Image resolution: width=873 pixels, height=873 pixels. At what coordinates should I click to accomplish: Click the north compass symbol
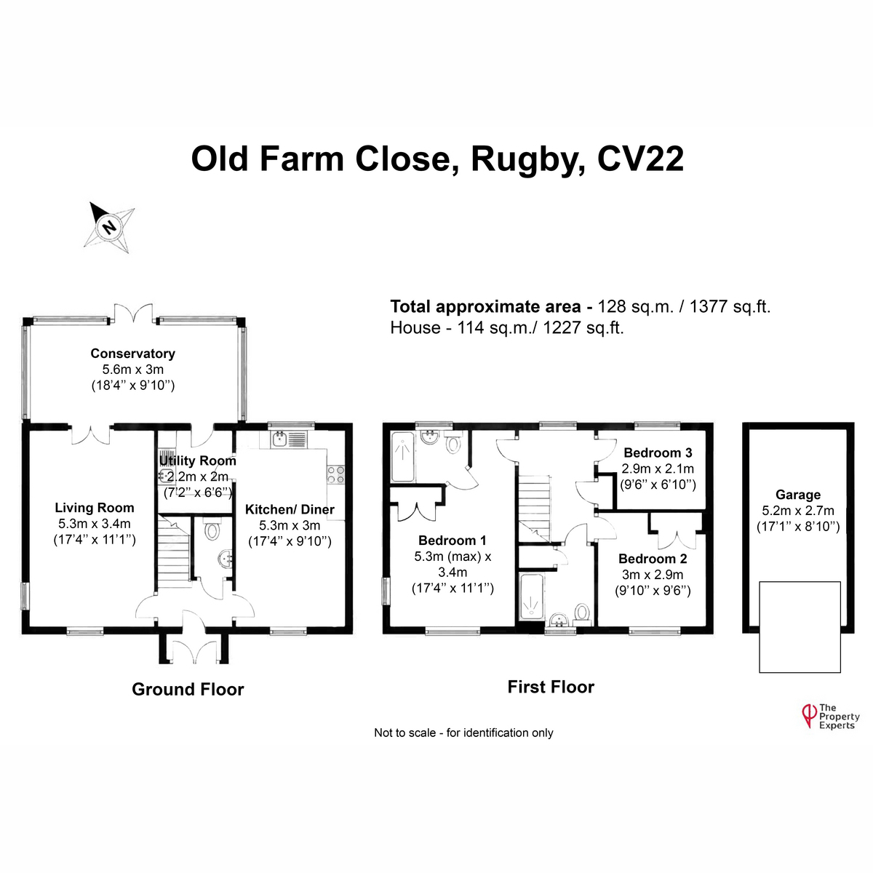tap(108, 227)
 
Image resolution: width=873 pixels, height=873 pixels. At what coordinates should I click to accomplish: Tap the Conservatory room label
tap(132, 354)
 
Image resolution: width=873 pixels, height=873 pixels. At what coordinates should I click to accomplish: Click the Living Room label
tap(95, 507)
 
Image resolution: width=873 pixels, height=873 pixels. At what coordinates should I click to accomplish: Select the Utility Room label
tap(198, 461)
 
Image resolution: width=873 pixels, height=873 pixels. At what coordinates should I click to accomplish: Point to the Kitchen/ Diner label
tap(290, 509)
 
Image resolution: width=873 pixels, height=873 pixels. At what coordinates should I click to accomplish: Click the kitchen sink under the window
tap(289, 439)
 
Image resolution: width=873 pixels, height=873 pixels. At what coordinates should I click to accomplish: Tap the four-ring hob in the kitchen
tap(335, 474)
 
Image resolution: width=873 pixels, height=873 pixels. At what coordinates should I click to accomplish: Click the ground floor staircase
tap(174, 553)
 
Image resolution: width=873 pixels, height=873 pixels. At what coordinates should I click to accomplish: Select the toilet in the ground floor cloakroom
tap(212, 531)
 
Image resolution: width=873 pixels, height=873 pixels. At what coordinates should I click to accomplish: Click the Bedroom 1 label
tap(452, 540)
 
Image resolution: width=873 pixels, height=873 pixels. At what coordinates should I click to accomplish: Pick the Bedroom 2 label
tap(653, 559)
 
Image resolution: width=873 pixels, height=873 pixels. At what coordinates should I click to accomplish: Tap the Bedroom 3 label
tap(658, 453)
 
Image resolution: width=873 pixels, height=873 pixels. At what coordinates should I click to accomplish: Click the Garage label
tap(798, 495)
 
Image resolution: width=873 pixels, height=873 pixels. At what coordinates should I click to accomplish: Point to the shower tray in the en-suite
tap(403, 457)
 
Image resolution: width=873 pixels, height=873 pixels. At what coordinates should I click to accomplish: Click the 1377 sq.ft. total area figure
tap(730, 307)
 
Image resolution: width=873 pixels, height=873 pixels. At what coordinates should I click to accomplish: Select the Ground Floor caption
tap(188, 689)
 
